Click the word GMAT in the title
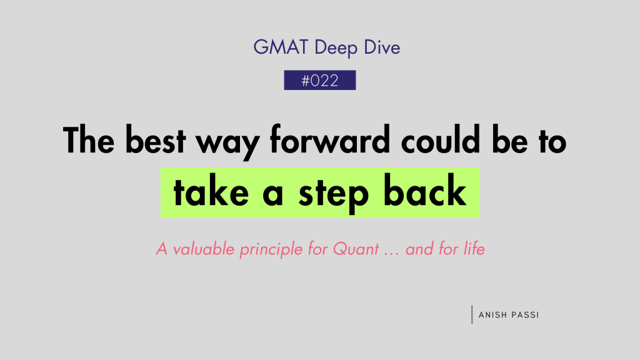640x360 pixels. (x=281, y=47)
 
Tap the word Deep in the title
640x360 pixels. (x=336, y=49)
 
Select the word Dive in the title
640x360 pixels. (x=382, y=47)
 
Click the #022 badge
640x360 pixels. (x=320, y=80)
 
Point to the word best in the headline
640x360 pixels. (x=156, y=140)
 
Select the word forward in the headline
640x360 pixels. (x=330, y=139)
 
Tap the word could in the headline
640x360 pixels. (x=441, y=139)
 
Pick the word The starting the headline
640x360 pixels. (x=89, y=139)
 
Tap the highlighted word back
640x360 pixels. (x=424, y=190)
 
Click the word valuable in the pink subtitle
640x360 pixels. (x=204, y=249)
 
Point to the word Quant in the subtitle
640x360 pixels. (x=356, y=249)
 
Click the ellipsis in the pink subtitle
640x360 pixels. (x=391, y=254)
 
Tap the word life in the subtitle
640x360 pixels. (x=474, y=249)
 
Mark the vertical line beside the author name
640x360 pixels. (x=472, y=314)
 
